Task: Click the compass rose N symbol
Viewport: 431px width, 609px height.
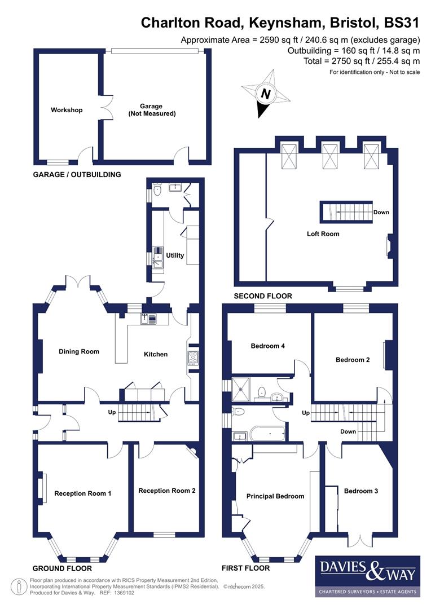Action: click(266, 94)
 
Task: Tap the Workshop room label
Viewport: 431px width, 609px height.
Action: click(66, 110)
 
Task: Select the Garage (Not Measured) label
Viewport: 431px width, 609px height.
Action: click(151, 109)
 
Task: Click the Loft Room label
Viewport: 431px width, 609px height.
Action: click(323, 233)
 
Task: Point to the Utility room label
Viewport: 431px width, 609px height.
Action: click(175, 255)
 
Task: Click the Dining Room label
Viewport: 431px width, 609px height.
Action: click(79, 351)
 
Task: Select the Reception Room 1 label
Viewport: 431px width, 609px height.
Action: click(82, 493)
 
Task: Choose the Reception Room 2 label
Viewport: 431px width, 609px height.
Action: click(167, 491)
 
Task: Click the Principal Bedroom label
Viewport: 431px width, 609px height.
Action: click(275, 496)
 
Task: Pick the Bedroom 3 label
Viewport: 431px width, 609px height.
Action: click(361, 491)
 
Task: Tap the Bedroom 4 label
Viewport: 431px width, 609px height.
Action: click(268, 346)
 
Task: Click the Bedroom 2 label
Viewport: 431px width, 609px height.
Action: click(353, 360)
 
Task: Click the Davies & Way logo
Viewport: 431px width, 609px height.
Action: click(367, 575)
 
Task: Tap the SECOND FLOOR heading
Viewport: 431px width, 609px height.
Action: click(263, 295)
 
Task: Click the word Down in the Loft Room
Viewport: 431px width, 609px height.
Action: click(381, 213)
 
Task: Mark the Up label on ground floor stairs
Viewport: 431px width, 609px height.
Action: click(112, 412)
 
